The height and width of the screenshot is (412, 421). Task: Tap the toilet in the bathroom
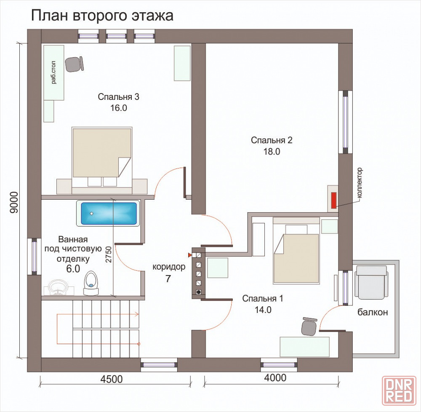[91, 283]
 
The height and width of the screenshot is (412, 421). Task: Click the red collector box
[334, 200]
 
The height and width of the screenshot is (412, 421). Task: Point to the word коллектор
[360, 183]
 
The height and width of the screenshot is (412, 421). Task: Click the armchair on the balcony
[371, 282]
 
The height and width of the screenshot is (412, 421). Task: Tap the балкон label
[373, 312]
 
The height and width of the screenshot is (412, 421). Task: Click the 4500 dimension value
[112, 379]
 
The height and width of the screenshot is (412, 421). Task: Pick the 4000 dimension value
[275, 378]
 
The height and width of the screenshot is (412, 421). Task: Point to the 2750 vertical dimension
[109, 254]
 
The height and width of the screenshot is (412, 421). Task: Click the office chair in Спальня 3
[75, 64]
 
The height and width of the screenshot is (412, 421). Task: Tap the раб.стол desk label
[54, 72]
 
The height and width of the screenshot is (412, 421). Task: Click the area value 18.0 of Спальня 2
[272, 152]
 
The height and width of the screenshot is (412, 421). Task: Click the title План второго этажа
[102, 16]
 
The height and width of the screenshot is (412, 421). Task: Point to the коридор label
[169, 267]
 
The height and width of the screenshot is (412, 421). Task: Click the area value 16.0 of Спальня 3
[118, 108]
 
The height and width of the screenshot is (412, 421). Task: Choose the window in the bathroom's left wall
[35, 257]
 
